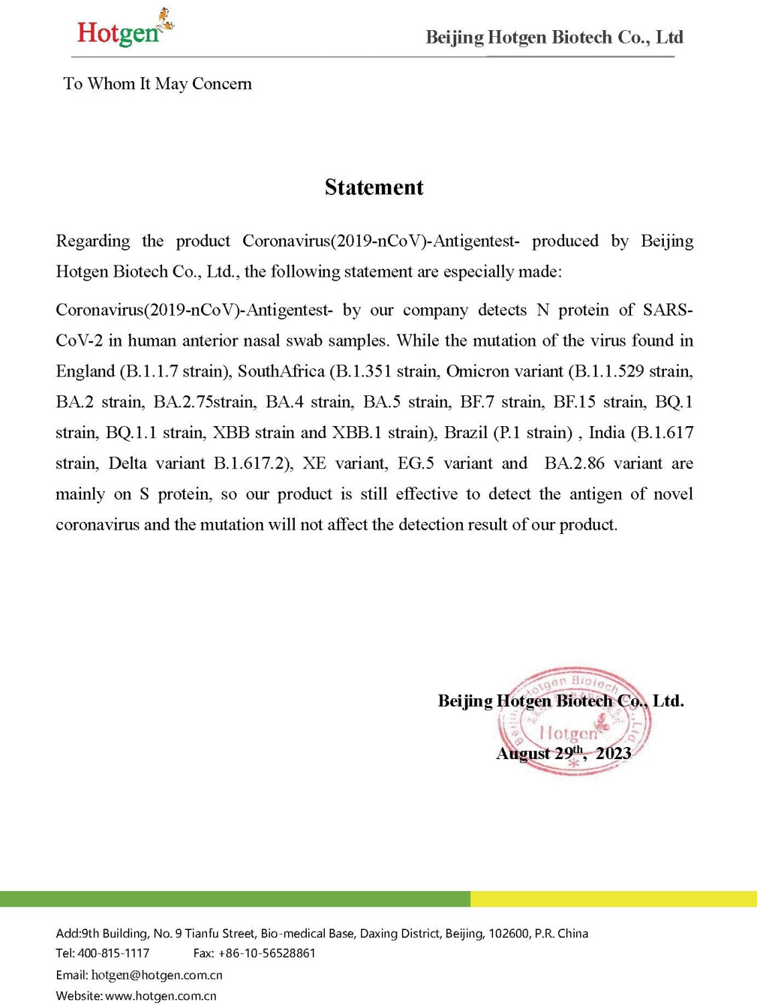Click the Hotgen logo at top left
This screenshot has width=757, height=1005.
tap(123, 29)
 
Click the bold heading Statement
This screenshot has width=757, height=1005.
tap(374, 187)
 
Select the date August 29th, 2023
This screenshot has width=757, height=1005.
tap(563, 753)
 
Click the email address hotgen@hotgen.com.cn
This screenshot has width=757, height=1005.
tap(157, 975)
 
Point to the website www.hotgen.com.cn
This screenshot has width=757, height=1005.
tap(161, 996)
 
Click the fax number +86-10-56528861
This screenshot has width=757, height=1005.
tap(267, 953)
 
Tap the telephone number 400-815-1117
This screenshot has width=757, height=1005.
tap(113, 953)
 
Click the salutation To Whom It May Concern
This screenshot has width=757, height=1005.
tap(157, 84)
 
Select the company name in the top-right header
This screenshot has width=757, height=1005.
tap(554, 38)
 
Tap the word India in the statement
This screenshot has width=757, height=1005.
tap(606, 432)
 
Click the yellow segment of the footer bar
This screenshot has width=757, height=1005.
tap(613, 898)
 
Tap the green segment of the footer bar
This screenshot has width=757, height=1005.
tap(234, 898)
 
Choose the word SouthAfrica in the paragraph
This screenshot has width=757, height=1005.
tap(281, 371)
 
